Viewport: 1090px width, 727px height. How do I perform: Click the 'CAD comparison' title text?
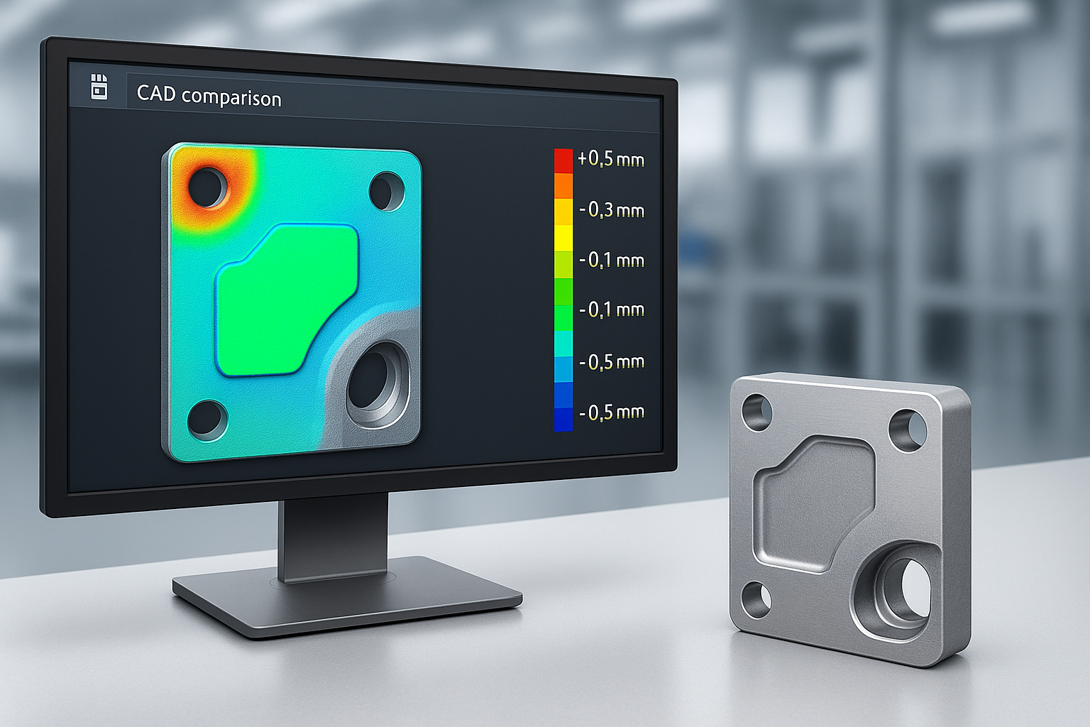coord(209,96)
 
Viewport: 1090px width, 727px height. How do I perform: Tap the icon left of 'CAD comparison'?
coord(99,87)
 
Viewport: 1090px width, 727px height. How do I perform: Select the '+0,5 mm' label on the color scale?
coord(610,159)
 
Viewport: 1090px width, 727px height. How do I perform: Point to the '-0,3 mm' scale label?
coord(611,210)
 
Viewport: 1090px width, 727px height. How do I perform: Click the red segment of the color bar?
coord(563,160)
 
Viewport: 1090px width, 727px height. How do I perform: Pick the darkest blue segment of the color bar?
coord(563,419)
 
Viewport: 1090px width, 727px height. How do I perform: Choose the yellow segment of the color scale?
coord(563,237)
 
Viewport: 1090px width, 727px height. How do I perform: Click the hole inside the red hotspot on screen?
coord(207,186)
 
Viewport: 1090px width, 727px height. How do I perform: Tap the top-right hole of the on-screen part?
coord(386,190)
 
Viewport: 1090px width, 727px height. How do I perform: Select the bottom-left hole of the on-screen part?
coord(207,418)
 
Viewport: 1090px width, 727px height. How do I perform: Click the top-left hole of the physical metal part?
coord(756,412)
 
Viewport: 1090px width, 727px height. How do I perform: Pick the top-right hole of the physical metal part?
coord(908,430)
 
